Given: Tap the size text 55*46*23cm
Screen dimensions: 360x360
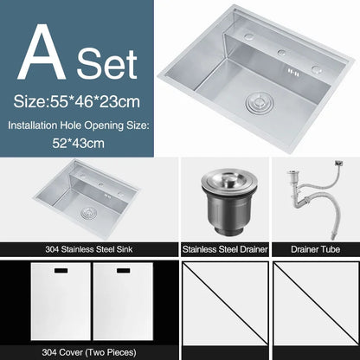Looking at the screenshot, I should [76, 101].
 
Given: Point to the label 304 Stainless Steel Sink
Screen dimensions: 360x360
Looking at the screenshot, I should [89, 249].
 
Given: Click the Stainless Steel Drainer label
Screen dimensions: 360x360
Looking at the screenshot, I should [224, 249].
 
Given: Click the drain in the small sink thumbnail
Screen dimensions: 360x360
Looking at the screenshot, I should [87, 212].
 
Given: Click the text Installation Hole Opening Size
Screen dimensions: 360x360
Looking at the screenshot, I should [79, 125].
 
